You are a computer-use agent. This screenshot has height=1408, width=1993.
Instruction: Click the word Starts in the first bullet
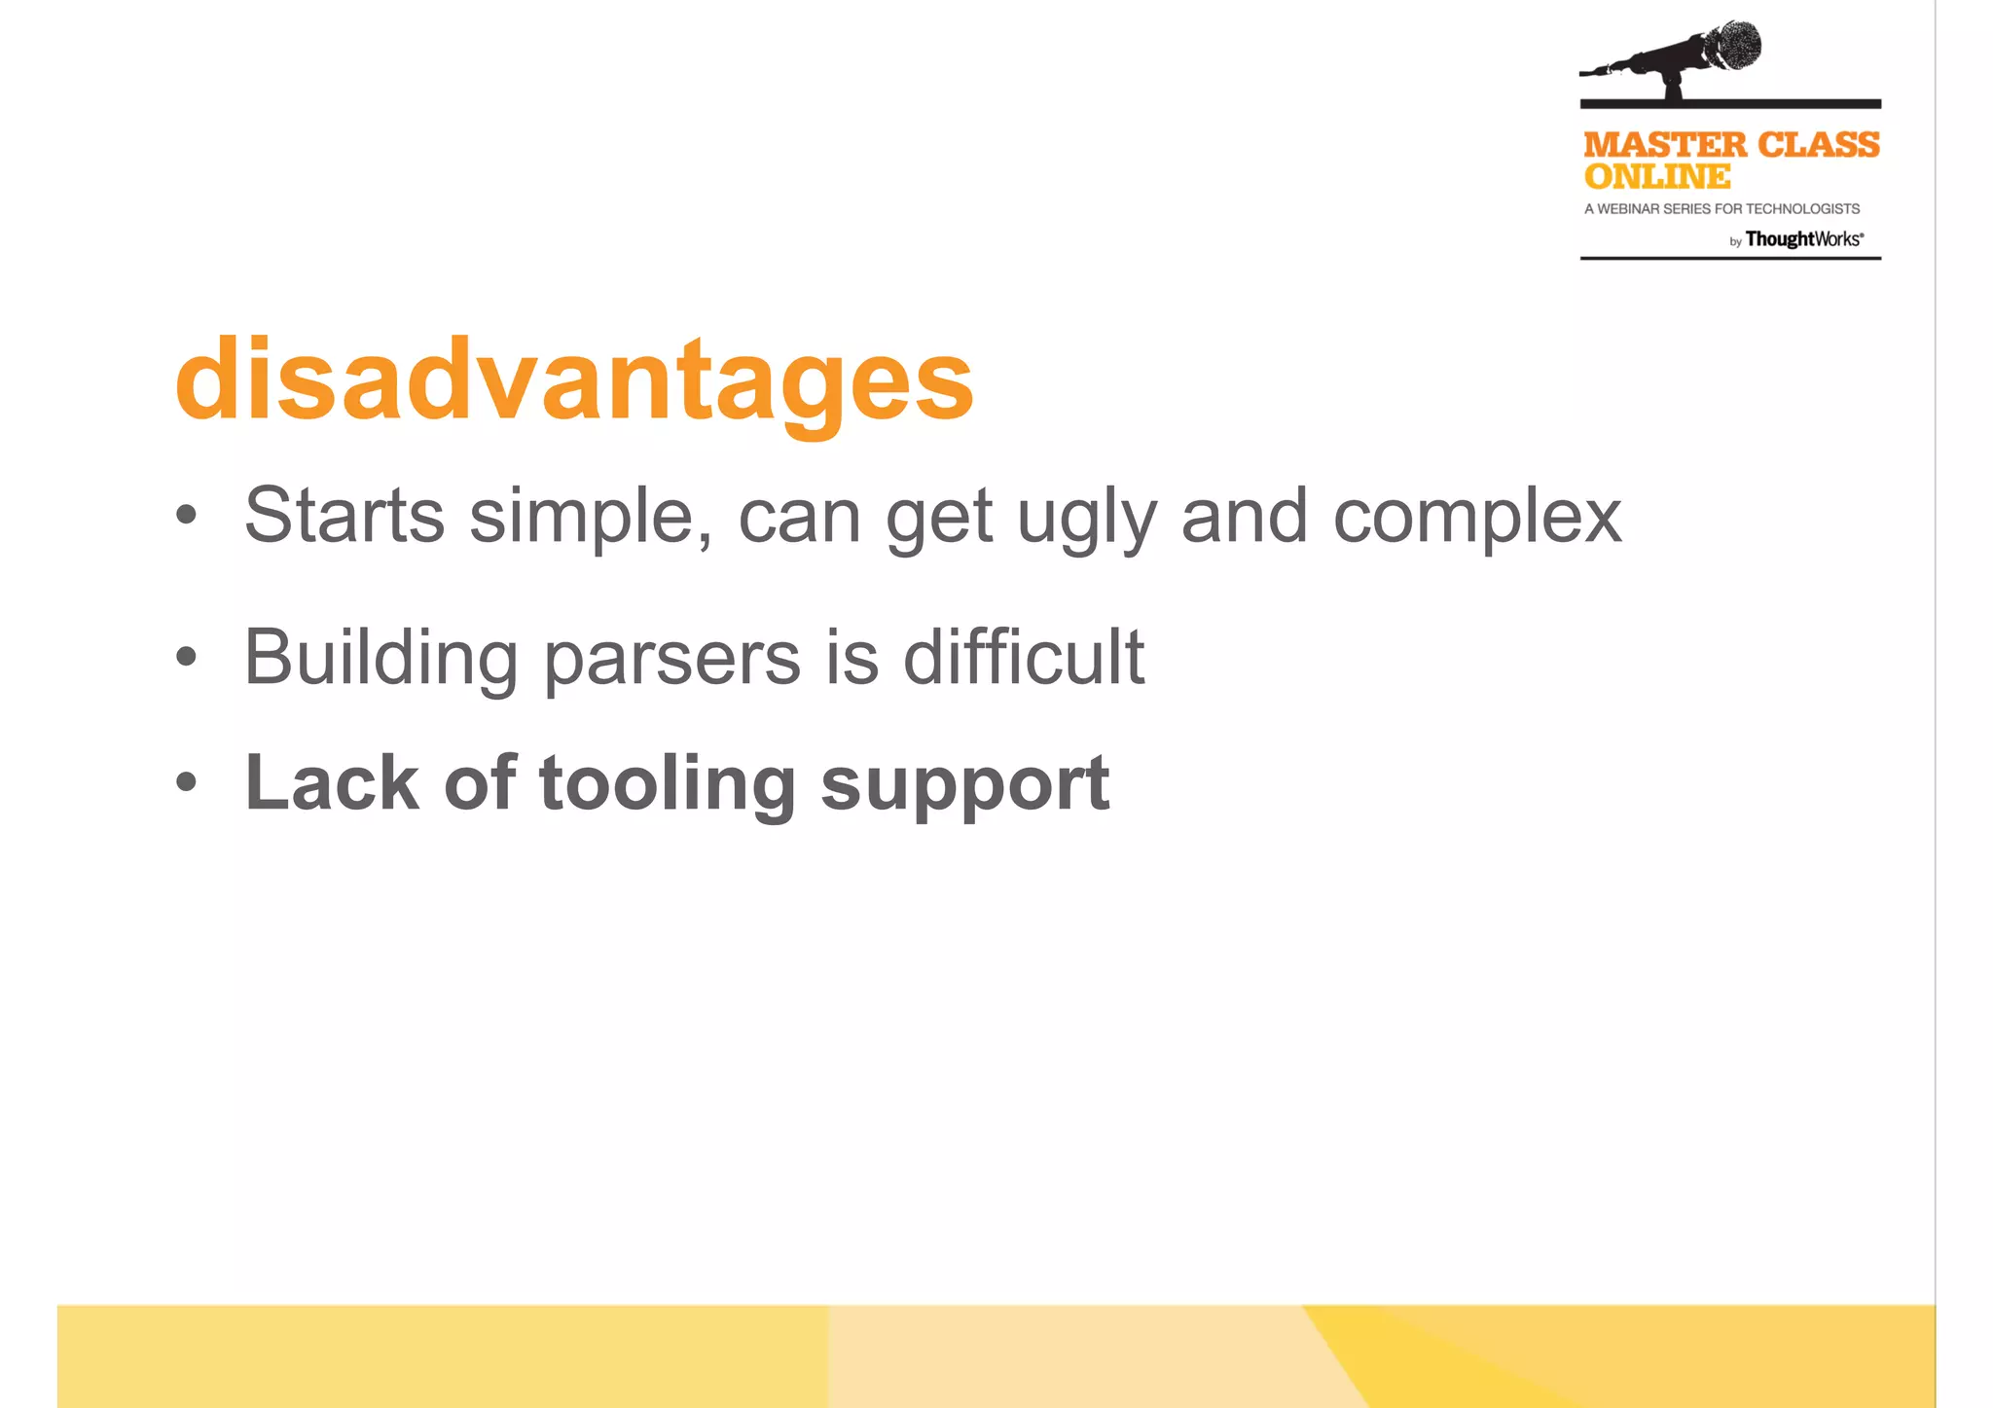[x=344, y=516]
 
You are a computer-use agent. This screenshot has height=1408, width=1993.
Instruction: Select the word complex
[x=1476, y=519]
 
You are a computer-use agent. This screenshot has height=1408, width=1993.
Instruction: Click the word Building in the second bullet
[x=380, y=659]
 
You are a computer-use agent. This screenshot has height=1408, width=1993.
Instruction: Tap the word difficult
[x=1023, y=657]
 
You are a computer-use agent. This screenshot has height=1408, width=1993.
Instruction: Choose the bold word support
[x=964, y=786]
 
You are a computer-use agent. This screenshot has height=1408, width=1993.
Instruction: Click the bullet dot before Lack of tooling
[x=186, y=781]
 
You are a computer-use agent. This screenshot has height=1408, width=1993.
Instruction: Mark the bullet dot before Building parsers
[x=186, y=657]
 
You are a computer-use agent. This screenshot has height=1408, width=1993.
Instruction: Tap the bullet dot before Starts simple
[x=186, y=515]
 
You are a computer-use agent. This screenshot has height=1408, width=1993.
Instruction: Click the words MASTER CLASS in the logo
[x=1731, y=145]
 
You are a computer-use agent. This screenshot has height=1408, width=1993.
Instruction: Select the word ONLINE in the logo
[x=1657, y=177]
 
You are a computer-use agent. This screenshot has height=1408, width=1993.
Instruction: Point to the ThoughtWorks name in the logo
[x=1803, y=239]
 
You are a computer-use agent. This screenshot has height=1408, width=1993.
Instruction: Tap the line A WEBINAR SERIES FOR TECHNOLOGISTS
[x=1721, y=209]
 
